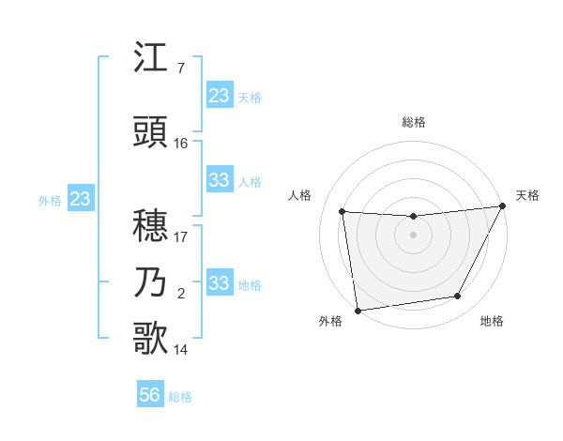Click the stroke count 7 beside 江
point(180,68)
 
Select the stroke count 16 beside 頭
point(181,143)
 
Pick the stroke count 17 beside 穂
point(181,236)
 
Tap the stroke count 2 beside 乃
point(180,294)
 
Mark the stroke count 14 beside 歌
point(181,350)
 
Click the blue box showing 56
point(150,395)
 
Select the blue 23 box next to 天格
point(220,96)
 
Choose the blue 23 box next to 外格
point(80,199)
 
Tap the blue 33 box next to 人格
point(220,180)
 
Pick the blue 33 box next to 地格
point(220,283)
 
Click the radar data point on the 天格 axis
point(502,207)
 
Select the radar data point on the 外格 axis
point(358,310)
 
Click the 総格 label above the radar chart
point(413,122)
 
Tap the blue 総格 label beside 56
point(180,397)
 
